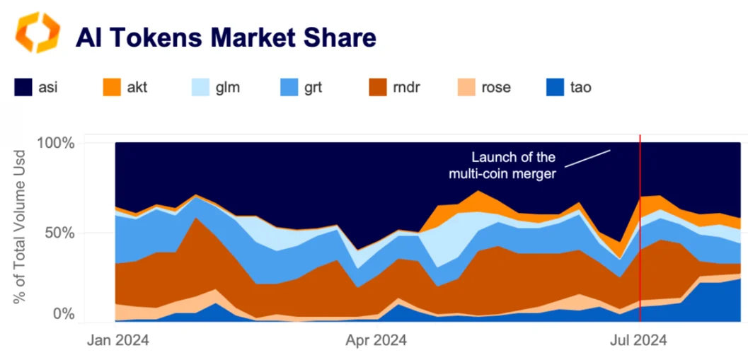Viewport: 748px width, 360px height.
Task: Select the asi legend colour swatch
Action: click(25, 88)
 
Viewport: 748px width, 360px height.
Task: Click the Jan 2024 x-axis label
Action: click(118, 341)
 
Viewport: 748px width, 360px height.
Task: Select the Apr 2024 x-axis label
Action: click(376, 341)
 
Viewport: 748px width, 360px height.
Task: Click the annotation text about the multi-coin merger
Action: click(513, 166)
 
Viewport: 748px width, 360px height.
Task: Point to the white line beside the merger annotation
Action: click(588, 158)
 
